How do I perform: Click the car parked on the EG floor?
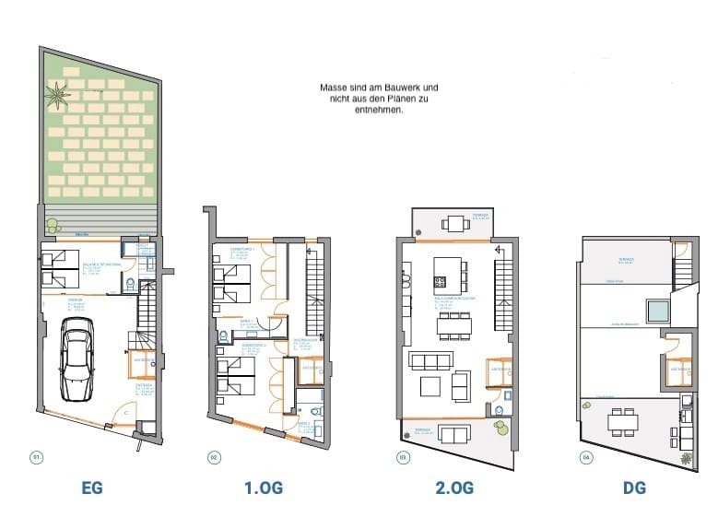(x=76, y=359)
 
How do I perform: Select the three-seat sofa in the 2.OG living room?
(x=430, y=359)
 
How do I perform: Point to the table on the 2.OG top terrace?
(x=453, y=222)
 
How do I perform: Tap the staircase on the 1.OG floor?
(x=314, y=286)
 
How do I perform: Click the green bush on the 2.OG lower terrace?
(x=500, y=426)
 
